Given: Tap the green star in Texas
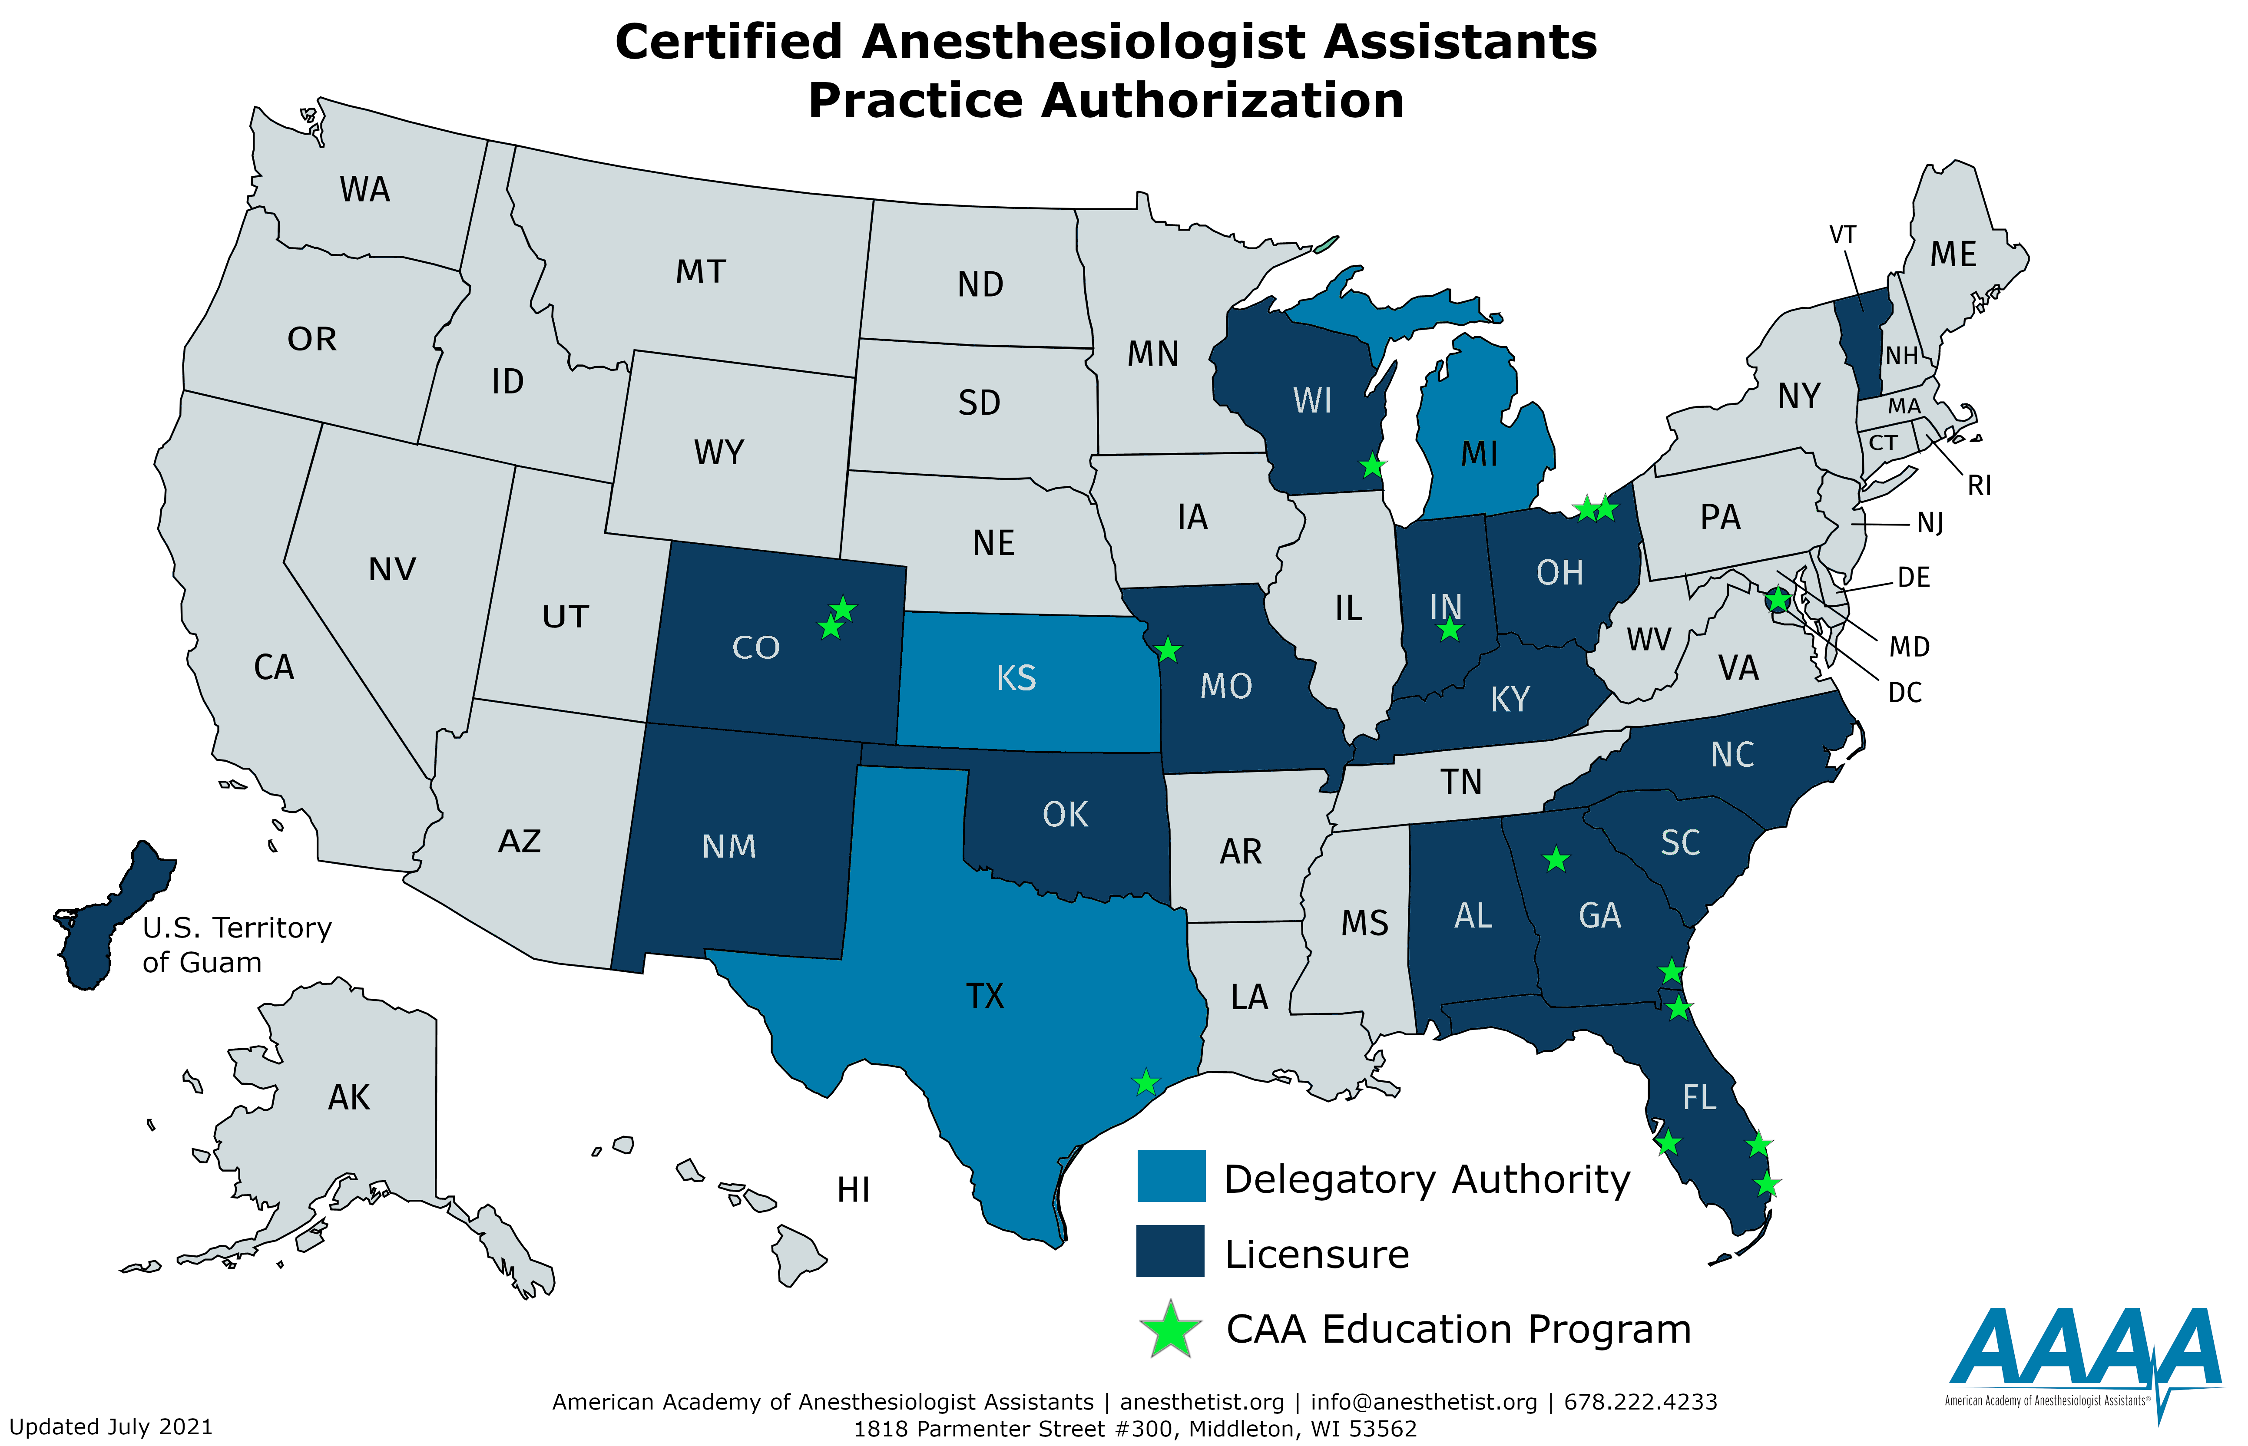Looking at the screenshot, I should [x=1146, y=1083].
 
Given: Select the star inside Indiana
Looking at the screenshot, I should [x=1450, y=629].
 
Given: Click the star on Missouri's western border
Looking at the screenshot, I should [x=1167, y=650].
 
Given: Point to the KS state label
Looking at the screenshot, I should [x=1016, y=678].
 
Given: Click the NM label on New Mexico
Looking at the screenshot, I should [x=728, y=847].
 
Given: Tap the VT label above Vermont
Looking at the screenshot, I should [x=1842, y=235].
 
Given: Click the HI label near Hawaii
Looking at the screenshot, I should [x=853, y=1191].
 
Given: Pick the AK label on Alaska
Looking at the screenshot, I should [x=348, y=1098].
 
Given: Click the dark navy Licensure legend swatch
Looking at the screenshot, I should [x=1170, y=1251].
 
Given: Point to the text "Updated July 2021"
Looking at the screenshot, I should [x=111, y=1427].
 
